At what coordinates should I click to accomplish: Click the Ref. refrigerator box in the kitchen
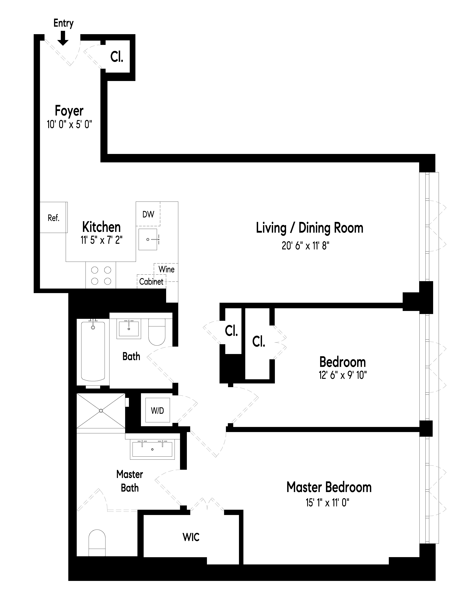(53, 217)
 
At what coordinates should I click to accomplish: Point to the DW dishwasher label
(148, 214)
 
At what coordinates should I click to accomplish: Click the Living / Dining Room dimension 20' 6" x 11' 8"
(305, 246)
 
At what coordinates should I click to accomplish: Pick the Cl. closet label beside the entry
(117, 57)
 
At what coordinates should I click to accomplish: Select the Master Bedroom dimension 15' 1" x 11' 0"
(327, 503)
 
